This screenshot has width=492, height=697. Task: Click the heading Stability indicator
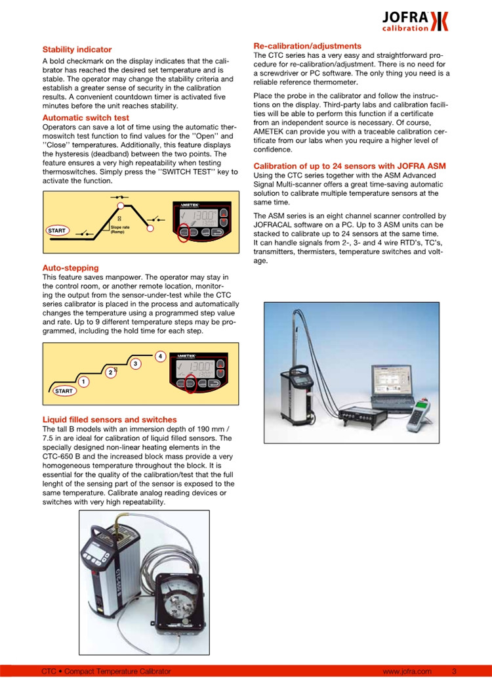pyautogui.click(x=77, y=49)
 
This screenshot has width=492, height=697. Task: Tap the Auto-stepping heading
pyautogui.click(x=70, y=268)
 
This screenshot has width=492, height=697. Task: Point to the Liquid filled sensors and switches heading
pyautogui.click(x=110, y=419)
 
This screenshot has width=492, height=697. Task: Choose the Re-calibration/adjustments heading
pyautogui.click(x=307, y=46)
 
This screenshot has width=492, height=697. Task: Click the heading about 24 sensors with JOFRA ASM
pyautogui.click(x=344, y=166)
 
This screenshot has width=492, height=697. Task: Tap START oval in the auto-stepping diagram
pyautogui.click(x=64, y=391)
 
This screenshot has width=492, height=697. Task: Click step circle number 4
pyautogui.click(x=160, y=356)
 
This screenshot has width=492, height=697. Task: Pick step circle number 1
pyautogui.click(x=83, y=382)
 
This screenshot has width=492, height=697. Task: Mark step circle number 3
pyautogui.click(x=135, y=363)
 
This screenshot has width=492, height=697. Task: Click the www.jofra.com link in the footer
pyautogui.click(x=407, y=671)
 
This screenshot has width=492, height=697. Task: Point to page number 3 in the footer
pyautogui.click(x=454, y=671)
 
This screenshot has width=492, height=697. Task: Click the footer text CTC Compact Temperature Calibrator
pyautogui.click(x=106, y=671)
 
